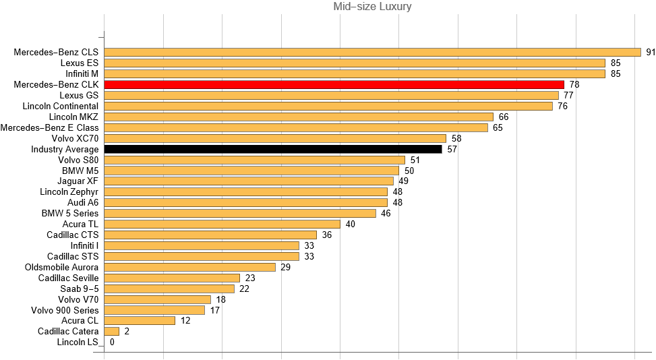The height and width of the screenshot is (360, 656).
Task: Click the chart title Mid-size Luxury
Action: [372, 7]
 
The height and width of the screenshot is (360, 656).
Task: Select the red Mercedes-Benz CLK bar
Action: [334, 84]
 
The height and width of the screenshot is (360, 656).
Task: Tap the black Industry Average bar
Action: [272, 149]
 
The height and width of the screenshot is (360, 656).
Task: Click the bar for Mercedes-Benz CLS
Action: [372, 52]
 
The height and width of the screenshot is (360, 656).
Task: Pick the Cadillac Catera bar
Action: [112, 331]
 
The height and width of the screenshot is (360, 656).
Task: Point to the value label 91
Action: [651, 52]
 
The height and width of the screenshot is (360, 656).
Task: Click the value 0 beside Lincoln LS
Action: [112, 342]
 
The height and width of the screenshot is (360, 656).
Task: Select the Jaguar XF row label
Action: [79, 181]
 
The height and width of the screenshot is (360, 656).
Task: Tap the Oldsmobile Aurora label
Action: [61, 267]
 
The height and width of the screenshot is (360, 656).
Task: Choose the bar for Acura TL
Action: [222, 224]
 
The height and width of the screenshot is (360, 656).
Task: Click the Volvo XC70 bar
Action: [275, 138]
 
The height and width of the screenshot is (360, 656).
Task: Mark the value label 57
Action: [452, 149]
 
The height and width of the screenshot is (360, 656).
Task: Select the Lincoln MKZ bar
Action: [299, 117]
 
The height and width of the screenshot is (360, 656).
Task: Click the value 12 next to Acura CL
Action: [185, 320]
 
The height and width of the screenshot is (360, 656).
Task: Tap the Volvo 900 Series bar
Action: [154, 310]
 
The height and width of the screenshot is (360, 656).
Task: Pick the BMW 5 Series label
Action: [70, 213]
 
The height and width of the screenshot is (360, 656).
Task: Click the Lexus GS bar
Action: [331, 95]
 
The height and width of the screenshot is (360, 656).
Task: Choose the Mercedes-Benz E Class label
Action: [50, 127]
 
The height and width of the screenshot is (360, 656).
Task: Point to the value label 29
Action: [285, 267]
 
